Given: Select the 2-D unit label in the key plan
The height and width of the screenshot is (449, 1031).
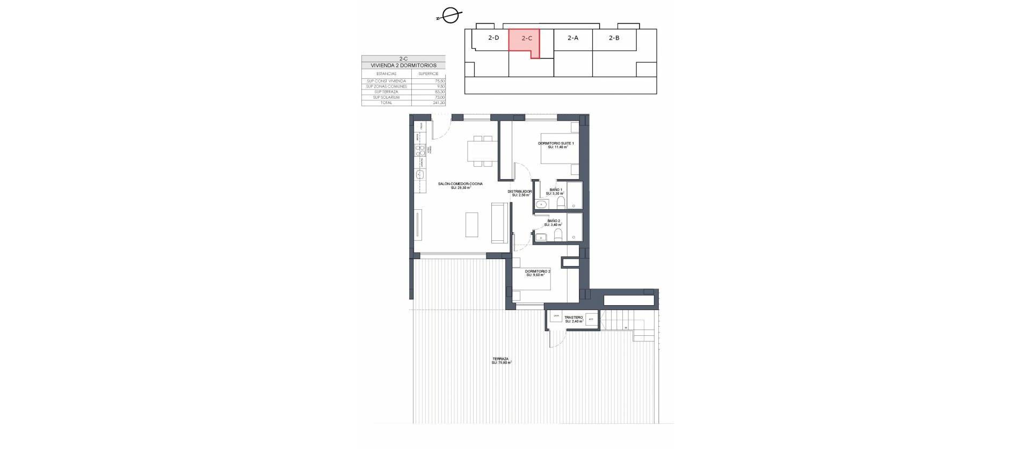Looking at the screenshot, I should click(493, 38).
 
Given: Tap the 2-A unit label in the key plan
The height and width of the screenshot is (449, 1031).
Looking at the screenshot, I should click(573, 38).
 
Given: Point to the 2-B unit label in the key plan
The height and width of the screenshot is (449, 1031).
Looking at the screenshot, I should click(614, 38).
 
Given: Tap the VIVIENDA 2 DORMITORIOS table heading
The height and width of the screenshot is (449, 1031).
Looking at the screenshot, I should click(403, 65).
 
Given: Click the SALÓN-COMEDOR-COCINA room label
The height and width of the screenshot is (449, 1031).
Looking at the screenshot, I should click(460, 184).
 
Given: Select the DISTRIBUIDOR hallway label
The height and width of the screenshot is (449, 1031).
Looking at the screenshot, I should click(520, 192).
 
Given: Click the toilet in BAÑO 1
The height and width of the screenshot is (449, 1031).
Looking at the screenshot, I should click(560, 203).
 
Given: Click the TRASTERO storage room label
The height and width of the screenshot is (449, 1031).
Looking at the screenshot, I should click(573, 318).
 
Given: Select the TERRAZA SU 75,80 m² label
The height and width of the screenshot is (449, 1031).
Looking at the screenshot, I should click(501, 360).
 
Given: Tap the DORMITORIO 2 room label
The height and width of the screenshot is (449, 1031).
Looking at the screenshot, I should click(538, 272).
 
